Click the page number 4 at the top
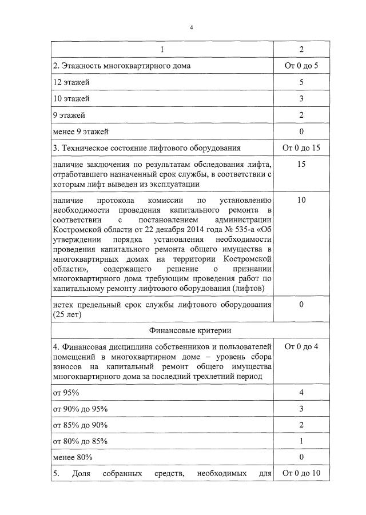pyautogui.click(x=191, y=27)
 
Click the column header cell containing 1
pyautogui.click(x=162, y=50)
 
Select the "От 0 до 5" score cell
pyautogui.click(x=301, y=66)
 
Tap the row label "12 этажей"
pyautogui.click(x=71, y=82)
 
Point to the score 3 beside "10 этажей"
pyautogui.click(x=301, y=99)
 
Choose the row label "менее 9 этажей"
pyautogui.click(x=81, y=132)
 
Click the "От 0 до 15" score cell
pyautogui.click(x=301, y=149)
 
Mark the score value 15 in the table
pyautogui.click(x=301, y=165)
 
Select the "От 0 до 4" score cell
pyautogui.click(x=301, y=347)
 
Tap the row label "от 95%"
pyautogui.click(x=66, y=393)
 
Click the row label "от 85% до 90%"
pyautogui.click(x=79, y=425)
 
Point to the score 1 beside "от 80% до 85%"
pyautogui.click(x=301, y=442)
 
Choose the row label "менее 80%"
pyautogui.click(x=73, y=458)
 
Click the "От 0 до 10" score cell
pyautogui.click(x=301, y=474)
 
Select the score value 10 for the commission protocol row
pyautogui.click(x=301, y=201)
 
